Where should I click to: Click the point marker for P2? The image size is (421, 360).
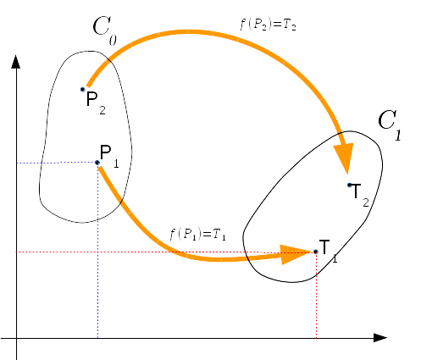click(82, 90)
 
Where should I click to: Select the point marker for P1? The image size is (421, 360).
click(97, 163)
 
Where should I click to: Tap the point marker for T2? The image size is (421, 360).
click(350, 186)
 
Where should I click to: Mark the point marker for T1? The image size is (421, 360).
click(316, 252)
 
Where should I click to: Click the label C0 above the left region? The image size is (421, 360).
click(104, 30)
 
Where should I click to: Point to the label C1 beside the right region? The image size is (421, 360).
click(390, 125)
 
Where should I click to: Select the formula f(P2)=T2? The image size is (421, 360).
click(268, 25)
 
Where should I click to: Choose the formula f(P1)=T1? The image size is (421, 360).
click(197, 235)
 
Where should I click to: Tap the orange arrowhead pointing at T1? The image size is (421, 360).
click(296, 254)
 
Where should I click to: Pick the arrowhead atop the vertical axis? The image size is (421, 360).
click(16, 62)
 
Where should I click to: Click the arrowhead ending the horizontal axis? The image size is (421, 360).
click(380, 338)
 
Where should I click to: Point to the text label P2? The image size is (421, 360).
click(96, 102)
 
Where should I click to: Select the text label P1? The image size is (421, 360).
click(109, 156)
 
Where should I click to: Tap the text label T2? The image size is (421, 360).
click(360, 195)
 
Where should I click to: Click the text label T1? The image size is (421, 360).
click(328, 251)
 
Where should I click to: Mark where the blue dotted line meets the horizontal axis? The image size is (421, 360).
click(98, 338)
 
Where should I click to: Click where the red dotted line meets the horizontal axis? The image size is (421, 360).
click(316, 338)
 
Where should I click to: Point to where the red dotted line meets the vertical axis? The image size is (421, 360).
click(16, 252)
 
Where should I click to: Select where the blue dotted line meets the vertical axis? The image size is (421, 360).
click(16, 163)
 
